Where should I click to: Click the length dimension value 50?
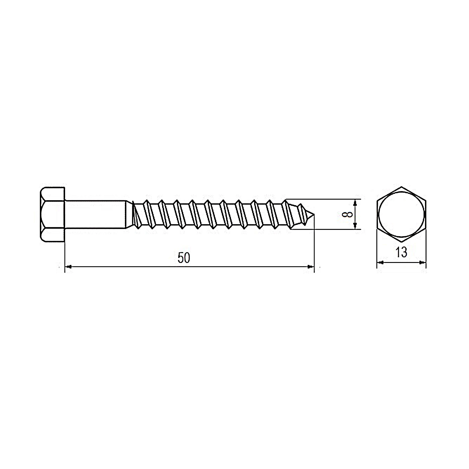184,258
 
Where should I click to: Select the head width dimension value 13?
401,252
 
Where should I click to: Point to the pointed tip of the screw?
314,216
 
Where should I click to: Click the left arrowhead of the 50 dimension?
68,267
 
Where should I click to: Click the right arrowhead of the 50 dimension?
310,267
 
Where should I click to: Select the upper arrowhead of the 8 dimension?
355,203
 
